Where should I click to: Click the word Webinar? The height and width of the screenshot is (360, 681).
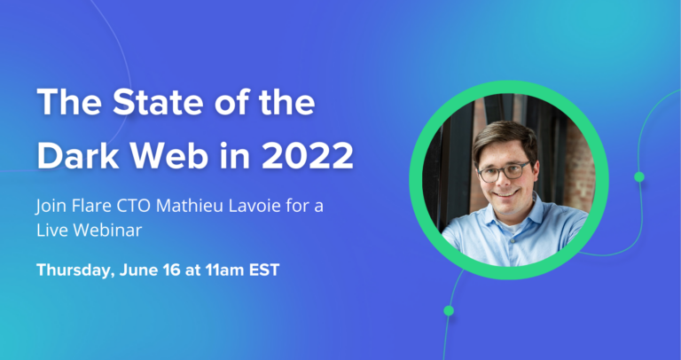[x=104, y=231]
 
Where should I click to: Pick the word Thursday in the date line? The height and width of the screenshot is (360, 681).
[x=74, y=270]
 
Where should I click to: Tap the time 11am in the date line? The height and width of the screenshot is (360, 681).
[x=223, y=270]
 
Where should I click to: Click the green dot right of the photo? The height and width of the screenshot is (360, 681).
[x=639, y=177]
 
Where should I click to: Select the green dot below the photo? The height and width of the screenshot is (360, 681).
[x=449, y=310]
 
